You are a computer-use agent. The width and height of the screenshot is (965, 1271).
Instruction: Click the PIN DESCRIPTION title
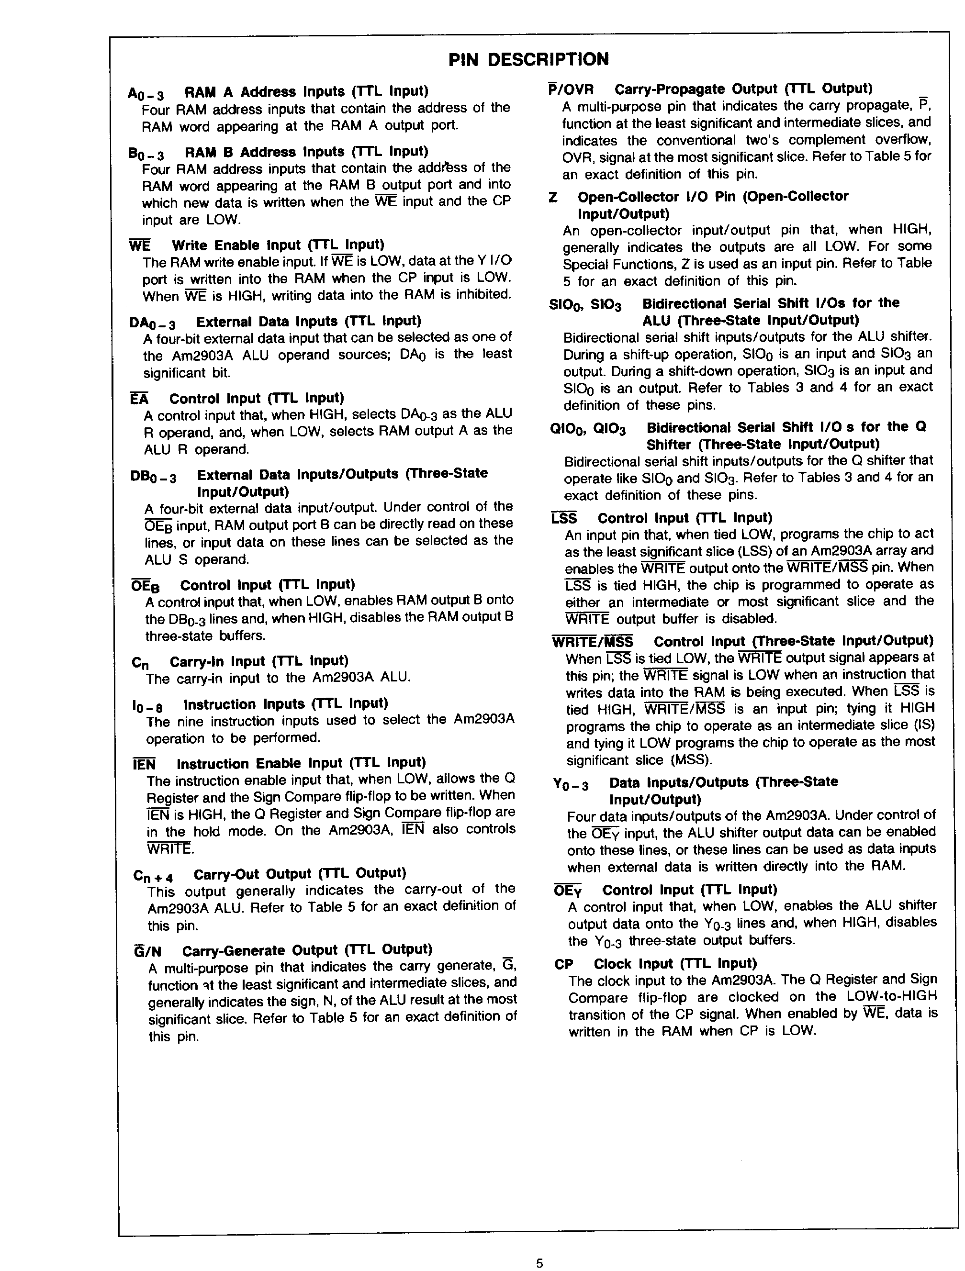click(x=528, y=60)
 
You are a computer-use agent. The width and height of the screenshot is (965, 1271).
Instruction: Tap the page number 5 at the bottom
click(x=539, y=1263)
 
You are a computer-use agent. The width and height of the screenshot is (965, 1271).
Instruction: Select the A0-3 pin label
click(x=146, y=94)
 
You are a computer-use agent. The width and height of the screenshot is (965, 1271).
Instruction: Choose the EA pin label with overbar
click(x=139, y=399)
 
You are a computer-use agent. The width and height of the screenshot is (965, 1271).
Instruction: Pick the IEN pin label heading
click(x=144, y=765)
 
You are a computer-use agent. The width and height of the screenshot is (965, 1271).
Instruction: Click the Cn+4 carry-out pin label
click(x=153, y=876)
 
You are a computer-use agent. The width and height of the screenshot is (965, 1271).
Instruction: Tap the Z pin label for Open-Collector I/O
click(x=553, y=198)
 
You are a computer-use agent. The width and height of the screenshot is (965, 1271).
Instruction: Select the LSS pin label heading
click(x=564, y=519)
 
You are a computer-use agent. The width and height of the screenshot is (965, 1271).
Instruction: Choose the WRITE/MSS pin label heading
click(x=592, y=642)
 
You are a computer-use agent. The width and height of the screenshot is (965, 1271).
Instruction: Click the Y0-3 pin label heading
click(x=571, y=784)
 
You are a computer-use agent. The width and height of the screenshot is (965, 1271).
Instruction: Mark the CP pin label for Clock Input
click(x=564, y=965)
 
